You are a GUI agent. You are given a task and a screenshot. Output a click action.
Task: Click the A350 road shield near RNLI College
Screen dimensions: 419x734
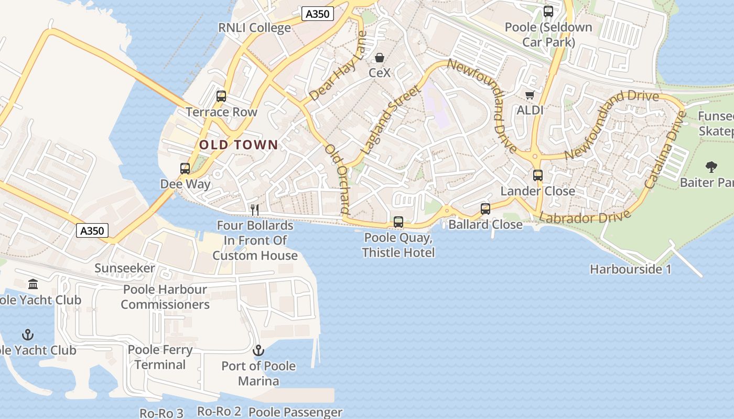coord(318,14)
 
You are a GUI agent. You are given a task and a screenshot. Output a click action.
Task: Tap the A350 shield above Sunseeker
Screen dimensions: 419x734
coord(92,230)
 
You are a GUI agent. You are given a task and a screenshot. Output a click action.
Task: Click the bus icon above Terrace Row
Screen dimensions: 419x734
coord(221,96)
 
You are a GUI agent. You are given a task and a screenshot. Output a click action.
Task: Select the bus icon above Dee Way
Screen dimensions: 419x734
coord(185,169)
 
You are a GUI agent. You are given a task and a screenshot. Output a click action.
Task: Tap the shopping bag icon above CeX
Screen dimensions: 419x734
coord(379,57)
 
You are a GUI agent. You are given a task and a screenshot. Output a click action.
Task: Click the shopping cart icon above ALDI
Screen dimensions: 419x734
coord(530,95)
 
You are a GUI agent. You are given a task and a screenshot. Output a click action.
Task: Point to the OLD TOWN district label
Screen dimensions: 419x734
coord(239,145)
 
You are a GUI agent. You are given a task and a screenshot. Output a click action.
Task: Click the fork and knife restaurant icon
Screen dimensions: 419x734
coord(255,210)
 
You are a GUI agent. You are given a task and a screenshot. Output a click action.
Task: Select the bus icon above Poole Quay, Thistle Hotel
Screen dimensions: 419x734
coord(398,222)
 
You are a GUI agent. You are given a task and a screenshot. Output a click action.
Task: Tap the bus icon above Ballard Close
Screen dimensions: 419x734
coord(485,209)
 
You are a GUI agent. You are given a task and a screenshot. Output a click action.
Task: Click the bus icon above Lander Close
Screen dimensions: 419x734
coord(538,175)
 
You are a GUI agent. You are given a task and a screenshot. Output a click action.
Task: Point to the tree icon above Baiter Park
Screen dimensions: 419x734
coord(711,167)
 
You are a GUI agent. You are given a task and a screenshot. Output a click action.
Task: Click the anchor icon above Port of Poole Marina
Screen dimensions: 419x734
coord(258,350)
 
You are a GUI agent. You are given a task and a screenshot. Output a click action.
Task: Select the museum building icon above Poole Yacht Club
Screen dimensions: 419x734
coord(33,284)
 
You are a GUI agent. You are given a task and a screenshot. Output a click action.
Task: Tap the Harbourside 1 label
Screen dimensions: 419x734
coord(630,269)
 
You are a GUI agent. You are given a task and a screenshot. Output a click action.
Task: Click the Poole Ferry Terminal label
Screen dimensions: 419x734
coord(160,357)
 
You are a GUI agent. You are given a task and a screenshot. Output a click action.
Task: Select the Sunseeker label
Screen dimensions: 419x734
coord(125,268)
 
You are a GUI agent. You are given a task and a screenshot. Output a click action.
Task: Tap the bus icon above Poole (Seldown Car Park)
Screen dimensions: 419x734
coord(548,11)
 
